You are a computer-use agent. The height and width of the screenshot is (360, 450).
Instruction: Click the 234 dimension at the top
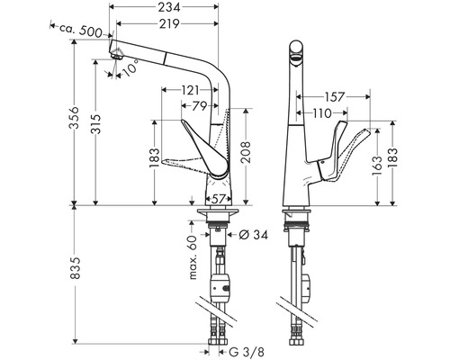[164, 8]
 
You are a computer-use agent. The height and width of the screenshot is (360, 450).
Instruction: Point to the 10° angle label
[132, 67]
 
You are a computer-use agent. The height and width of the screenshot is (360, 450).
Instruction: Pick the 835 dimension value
[77, 266]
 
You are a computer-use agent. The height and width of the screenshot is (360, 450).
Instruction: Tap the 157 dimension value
[332, 95]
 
